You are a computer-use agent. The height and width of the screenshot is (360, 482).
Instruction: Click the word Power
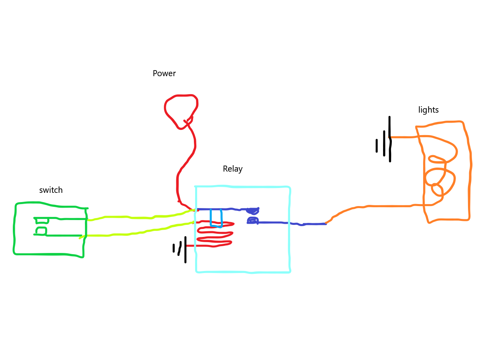[x=164, y=74]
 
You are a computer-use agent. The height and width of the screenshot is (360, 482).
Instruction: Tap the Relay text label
[x=233, y=169]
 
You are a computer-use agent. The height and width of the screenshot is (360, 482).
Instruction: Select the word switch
[x=51, y=190]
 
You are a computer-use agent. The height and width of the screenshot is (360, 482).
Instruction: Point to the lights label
[x=428, y=110]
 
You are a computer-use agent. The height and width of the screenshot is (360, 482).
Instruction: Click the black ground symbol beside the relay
[x=181, y=249]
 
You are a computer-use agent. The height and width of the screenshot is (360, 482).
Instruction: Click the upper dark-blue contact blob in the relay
[x=253, y=211]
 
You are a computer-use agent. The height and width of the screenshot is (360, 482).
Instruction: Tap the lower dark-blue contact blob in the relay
[x=252, y=220]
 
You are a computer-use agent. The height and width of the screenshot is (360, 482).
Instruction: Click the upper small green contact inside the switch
[x=42, y=220]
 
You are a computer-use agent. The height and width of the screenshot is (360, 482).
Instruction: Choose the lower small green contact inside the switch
[x=41, y=231]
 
